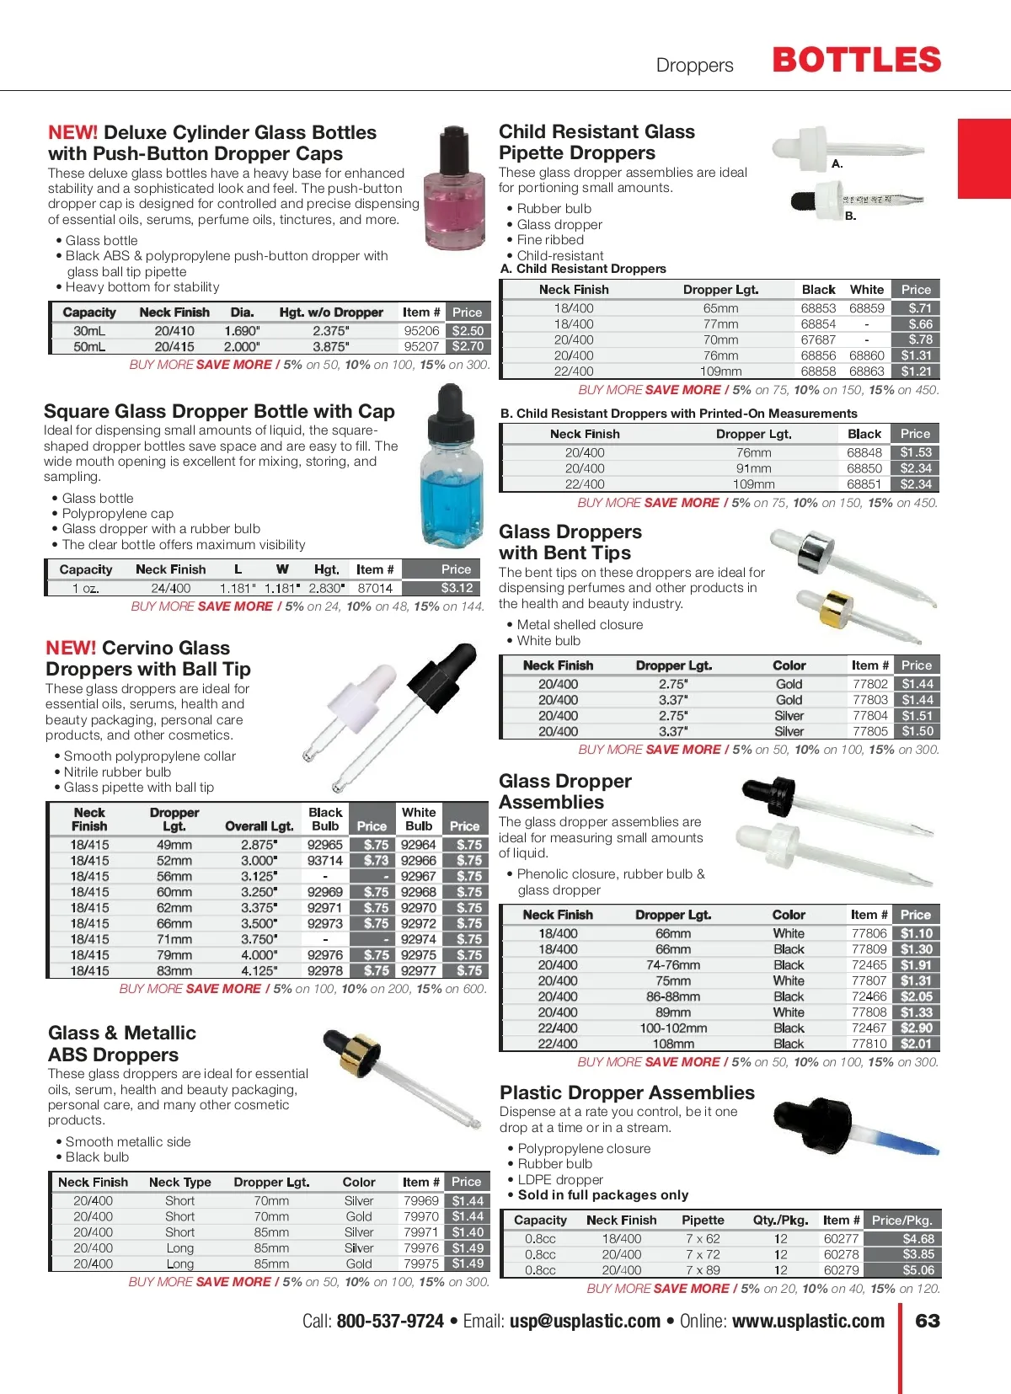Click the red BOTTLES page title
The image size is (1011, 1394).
pos(856,61)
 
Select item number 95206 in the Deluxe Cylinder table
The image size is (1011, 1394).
pos(421,331)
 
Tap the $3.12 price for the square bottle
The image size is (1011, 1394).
pos(457,588)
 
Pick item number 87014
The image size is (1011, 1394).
pos(375,588)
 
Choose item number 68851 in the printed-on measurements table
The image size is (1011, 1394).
pos(864,484)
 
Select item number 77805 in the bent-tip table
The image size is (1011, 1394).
pos(870,731)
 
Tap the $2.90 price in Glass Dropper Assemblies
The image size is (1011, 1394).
pos(916,1028)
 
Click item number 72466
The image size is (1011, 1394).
pos(869,996)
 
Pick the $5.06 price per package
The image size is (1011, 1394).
pos(917,1270)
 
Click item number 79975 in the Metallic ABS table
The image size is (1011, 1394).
pos(420,1263)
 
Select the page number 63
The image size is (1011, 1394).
pos(928,1321)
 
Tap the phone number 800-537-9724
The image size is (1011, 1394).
pos(390,1321)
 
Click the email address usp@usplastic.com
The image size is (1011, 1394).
pos(585,1321)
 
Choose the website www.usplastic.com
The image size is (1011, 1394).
pos(808,1321)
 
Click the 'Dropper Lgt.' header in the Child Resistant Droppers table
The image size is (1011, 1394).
pos(720,290)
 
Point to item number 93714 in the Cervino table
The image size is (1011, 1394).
pos(324,860)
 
